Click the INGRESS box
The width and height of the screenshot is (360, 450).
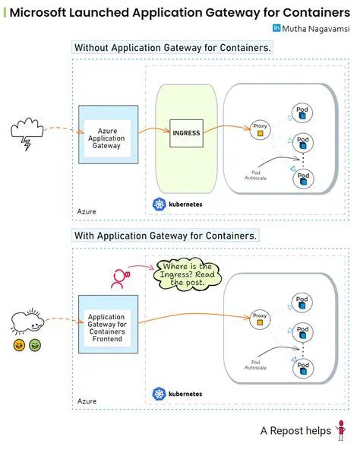click(x=186, y=132)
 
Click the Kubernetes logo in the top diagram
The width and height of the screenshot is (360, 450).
click(x=159, y=204)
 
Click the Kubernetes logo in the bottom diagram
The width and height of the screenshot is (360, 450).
click(x=159, y=394)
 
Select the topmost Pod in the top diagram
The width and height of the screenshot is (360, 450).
click(x=303, y=114)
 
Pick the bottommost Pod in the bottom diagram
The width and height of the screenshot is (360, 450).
click(x=303, y=369)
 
